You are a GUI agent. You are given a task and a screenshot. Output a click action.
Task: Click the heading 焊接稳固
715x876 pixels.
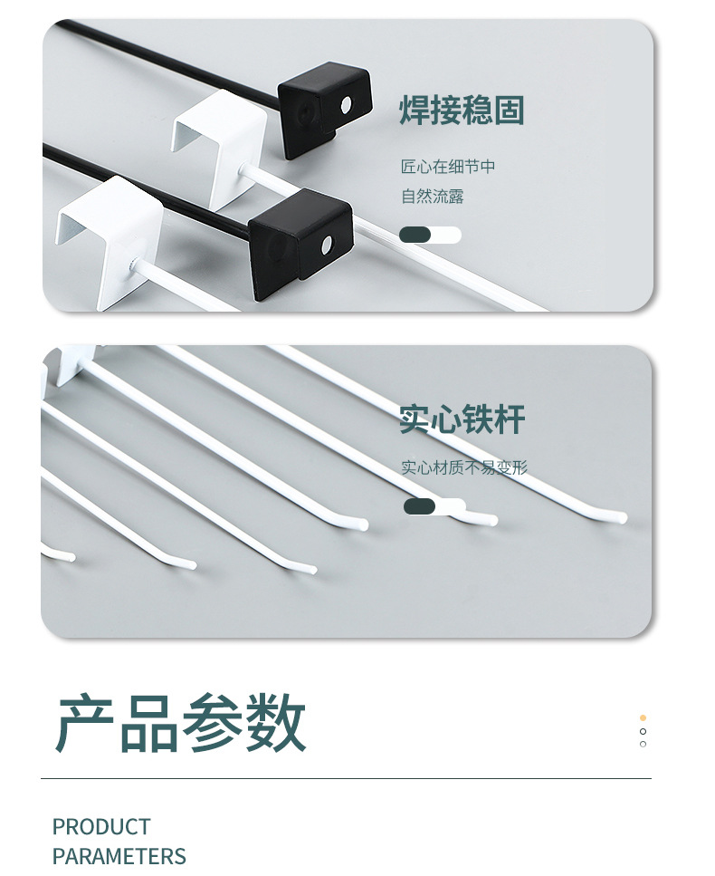point(462,111)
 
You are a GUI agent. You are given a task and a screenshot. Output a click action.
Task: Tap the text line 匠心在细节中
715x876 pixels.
point(448,167)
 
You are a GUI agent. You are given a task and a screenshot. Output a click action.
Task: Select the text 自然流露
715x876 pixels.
point(433,196)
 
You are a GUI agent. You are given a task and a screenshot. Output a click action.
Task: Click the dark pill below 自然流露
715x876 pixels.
point(415,235)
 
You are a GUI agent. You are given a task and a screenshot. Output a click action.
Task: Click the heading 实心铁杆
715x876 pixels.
point(462,420)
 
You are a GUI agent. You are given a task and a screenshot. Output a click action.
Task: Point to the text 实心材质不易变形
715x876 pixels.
point(464,467)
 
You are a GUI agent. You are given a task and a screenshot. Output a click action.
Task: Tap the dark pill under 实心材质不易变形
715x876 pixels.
point(419,506)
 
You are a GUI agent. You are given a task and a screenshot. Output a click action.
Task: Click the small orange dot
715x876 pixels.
point(643,717)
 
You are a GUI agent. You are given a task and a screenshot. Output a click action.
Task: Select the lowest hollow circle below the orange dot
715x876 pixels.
point(643,745)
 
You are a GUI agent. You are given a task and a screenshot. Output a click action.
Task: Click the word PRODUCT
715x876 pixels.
point(101,826)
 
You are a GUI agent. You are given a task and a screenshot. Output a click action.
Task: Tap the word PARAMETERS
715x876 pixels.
point(119,856)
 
